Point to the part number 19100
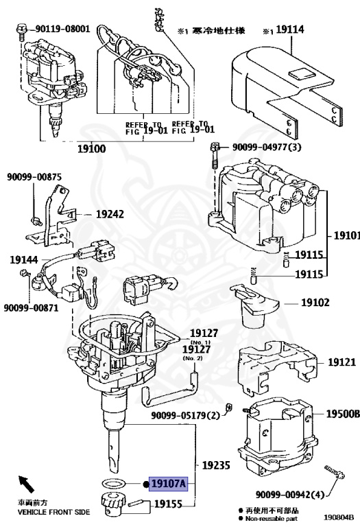[91, 148]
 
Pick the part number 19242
[110, 214]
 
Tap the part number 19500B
[341, 414]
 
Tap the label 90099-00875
[34, 177]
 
